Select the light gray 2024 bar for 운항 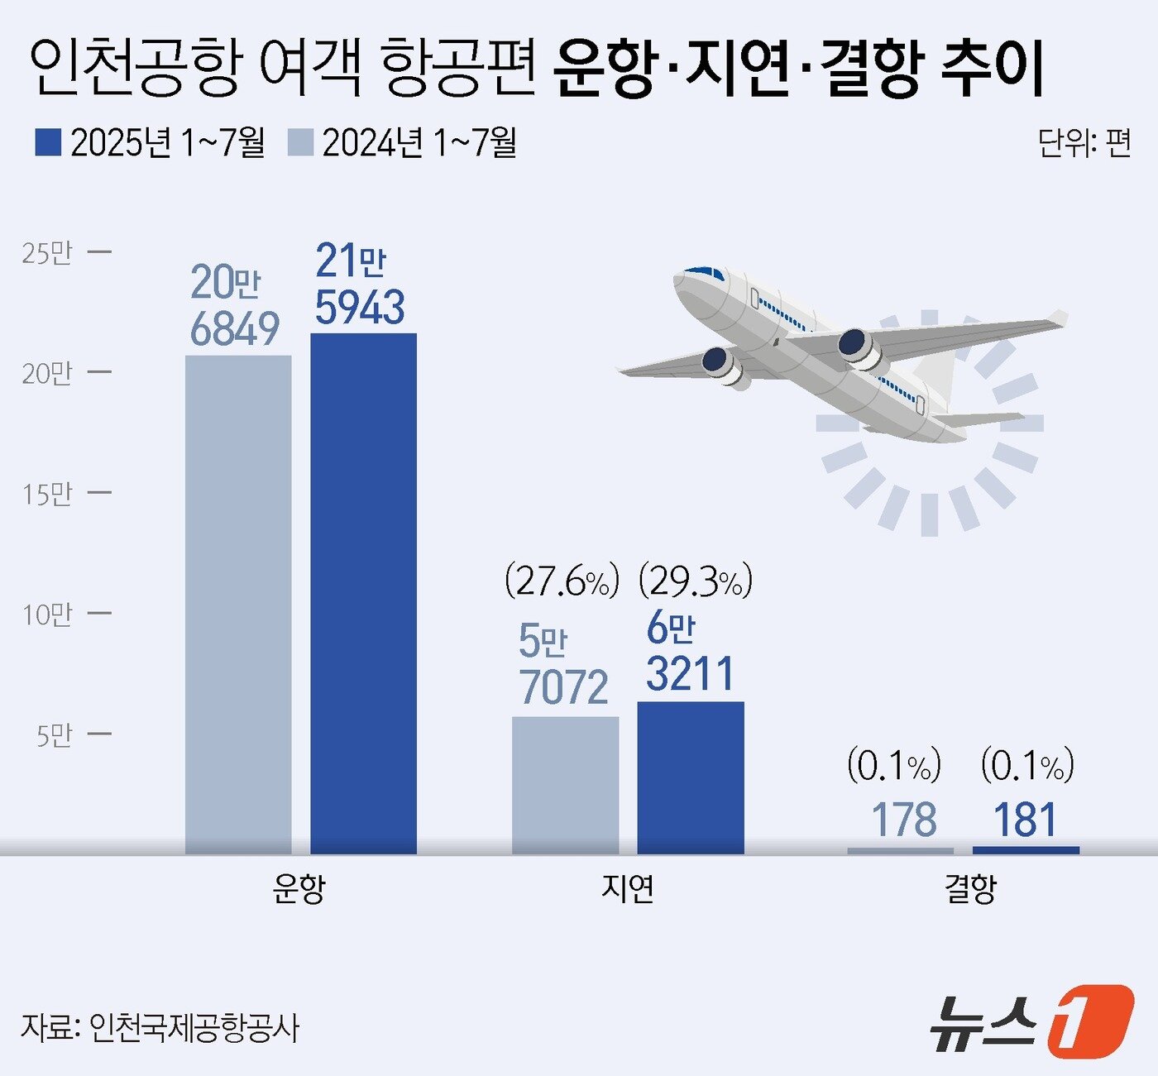point(238,604)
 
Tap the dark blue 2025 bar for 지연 point(691,777)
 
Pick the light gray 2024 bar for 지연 point(565,784)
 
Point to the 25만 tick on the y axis point(48,252)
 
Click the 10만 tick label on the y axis point(48,615)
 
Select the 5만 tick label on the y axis point(55,735)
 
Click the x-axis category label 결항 point(970,889)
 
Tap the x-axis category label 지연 point(628,889)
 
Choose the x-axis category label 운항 point(299,889)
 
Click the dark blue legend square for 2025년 point(48,142)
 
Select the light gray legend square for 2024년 point(300,142)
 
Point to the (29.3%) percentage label point(696,581)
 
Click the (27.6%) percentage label point(562,581)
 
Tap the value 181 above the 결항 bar point(1025,820)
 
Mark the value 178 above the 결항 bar point(904,820)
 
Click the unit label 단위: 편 point(1084,143)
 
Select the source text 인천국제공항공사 point(194,1028)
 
